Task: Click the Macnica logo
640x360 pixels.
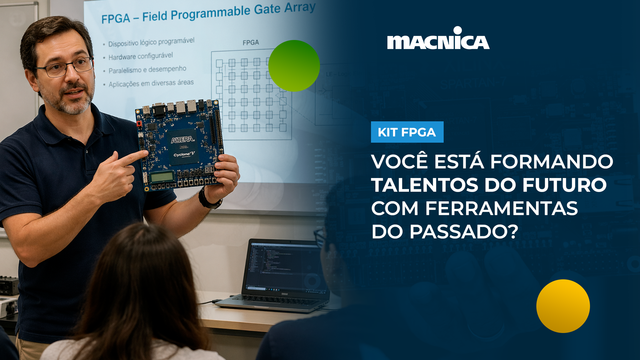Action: [438, 39]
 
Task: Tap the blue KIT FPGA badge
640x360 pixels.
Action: [407, 132]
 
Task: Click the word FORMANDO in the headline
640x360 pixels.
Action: [551, 162]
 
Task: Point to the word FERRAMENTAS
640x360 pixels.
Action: [501, 208]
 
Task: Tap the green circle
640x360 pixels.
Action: [294, 66]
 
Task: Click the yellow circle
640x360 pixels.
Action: [563, 306]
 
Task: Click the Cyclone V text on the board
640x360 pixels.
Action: [184, 154]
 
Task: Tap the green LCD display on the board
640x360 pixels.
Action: [162, 177]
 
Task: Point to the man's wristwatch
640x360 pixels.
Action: [208, 199]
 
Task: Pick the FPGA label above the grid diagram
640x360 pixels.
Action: [250, 43]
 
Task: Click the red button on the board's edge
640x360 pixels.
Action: [139, 124]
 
